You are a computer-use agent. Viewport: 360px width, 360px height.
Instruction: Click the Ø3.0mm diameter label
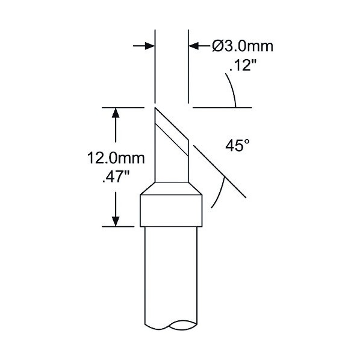243,46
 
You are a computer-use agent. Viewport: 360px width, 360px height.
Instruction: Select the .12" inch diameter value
243,65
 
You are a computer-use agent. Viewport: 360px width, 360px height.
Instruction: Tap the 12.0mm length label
116,158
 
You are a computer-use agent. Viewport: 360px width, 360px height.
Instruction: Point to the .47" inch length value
116,177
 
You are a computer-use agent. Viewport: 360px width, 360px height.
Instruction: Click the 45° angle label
237,145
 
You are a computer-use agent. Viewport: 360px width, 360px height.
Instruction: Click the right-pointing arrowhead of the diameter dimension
150,46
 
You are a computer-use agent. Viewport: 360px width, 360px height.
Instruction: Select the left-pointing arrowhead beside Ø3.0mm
194,46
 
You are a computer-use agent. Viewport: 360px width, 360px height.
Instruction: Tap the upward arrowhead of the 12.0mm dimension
116,113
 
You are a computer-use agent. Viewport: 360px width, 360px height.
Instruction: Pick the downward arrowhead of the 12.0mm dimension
116,221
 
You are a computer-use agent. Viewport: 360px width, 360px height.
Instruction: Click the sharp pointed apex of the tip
155,107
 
